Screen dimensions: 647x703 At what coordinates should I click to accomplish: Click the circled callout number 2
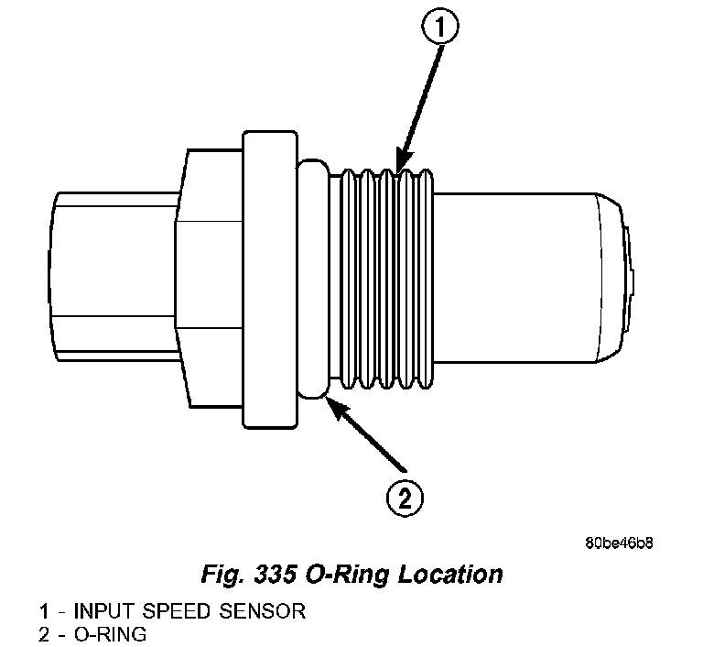[404, 499]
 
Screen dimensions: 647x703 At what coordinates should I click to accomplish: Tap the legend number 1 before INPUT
[43, 610]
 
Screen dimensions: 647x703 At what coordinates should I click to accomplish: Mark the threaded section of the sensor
[384, 275]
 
